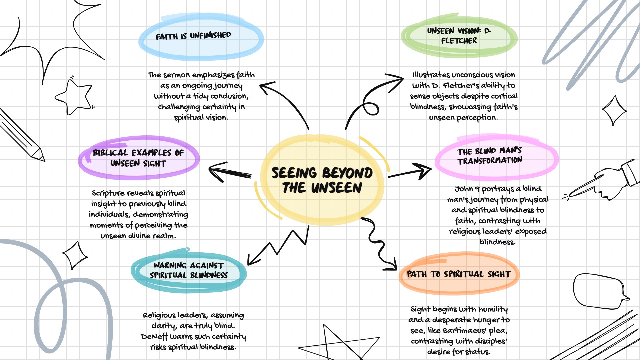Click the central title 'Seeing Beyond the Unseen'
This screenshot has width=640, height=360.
(x=322, y=180)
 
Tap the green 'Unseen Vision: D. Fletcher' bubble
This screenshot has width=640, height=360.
(x=459, y=36)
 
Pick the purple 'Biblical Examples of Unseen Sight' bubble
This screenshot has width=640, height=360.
(x=138, y=158)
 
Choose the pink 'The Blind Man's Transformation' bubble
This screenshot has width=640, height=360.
(x=496, y=157)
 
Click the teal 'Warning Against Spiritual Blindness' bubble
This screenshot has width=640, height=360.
(x=189, y=271)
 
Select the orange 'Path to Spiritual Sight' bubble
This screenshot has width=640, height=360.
(x=459, y=274)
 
